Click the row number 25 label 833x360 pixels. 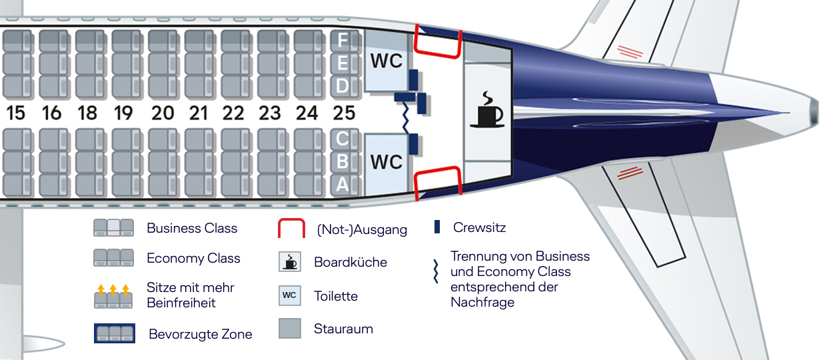tap(343, 113)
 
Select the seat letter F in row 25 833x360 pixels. tap(343, 41)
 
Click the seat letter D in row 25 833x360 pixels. tap(343, 86)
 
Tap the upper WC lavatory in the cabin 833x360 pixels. tap(387, 61)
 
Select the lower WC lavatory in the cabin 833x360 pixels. tap(387, 162)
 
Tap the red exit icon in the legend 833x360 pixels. tap(292, 229)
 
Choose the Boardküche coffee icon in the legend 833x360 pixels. tap(290, 262)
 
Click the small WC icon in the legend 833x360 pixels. tap(290, 295)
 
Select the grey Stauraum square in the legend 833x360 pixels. tap(290, 328)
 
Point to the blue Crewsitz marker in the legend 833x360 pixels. tap(437, 227)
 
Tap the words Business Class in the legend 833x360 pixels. tap(192, 228)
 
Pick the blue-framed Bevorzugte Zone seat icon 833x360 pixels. tap(115, 333)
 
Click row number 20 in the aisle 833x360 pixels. tap(162, 113)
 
